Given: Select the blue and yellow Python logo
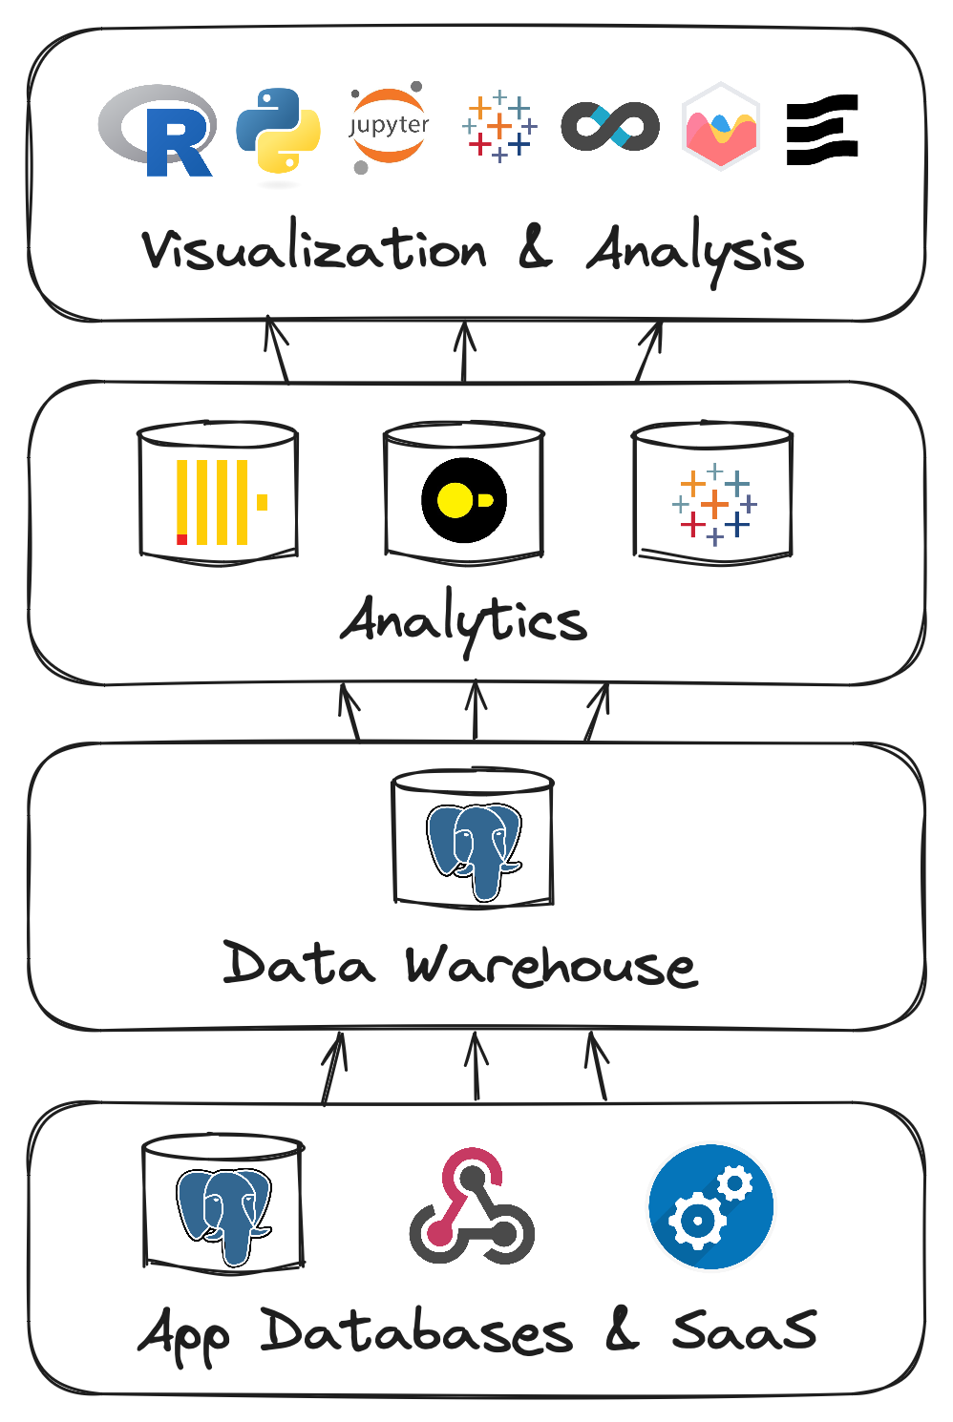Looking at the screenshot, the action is point(278,130).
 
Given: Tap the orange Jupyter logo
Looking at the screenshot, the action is point(389,127).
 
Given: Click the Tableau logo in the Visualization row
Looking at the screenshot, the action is point(499,126).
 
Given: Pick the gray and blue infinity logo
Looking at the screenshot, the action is point(610,126).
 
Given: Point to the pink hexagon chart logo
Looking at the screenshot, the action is point(720,126).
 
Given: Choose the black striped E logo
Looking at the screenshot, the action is point(822,130).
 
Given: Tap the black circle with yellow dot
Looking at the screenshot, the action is point(464,500).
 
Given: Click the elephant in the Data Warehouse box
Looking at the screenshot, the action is point(474,851).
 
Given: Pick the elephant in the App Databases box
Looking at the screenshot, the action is point(223,1217).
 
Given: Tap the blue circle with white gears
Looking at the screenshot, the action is point(711,1206).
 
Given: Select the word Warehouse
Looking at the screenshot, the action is point(552,966).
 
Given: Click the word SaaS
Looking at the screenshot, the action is point(744,1329).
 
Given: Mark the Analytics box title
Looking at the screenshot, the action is point(464,621).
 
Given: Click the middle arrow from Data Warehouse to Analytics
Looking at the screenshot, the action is point(476,711).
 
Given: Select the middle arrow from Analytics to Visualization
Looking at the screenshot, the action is point(464,352).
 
